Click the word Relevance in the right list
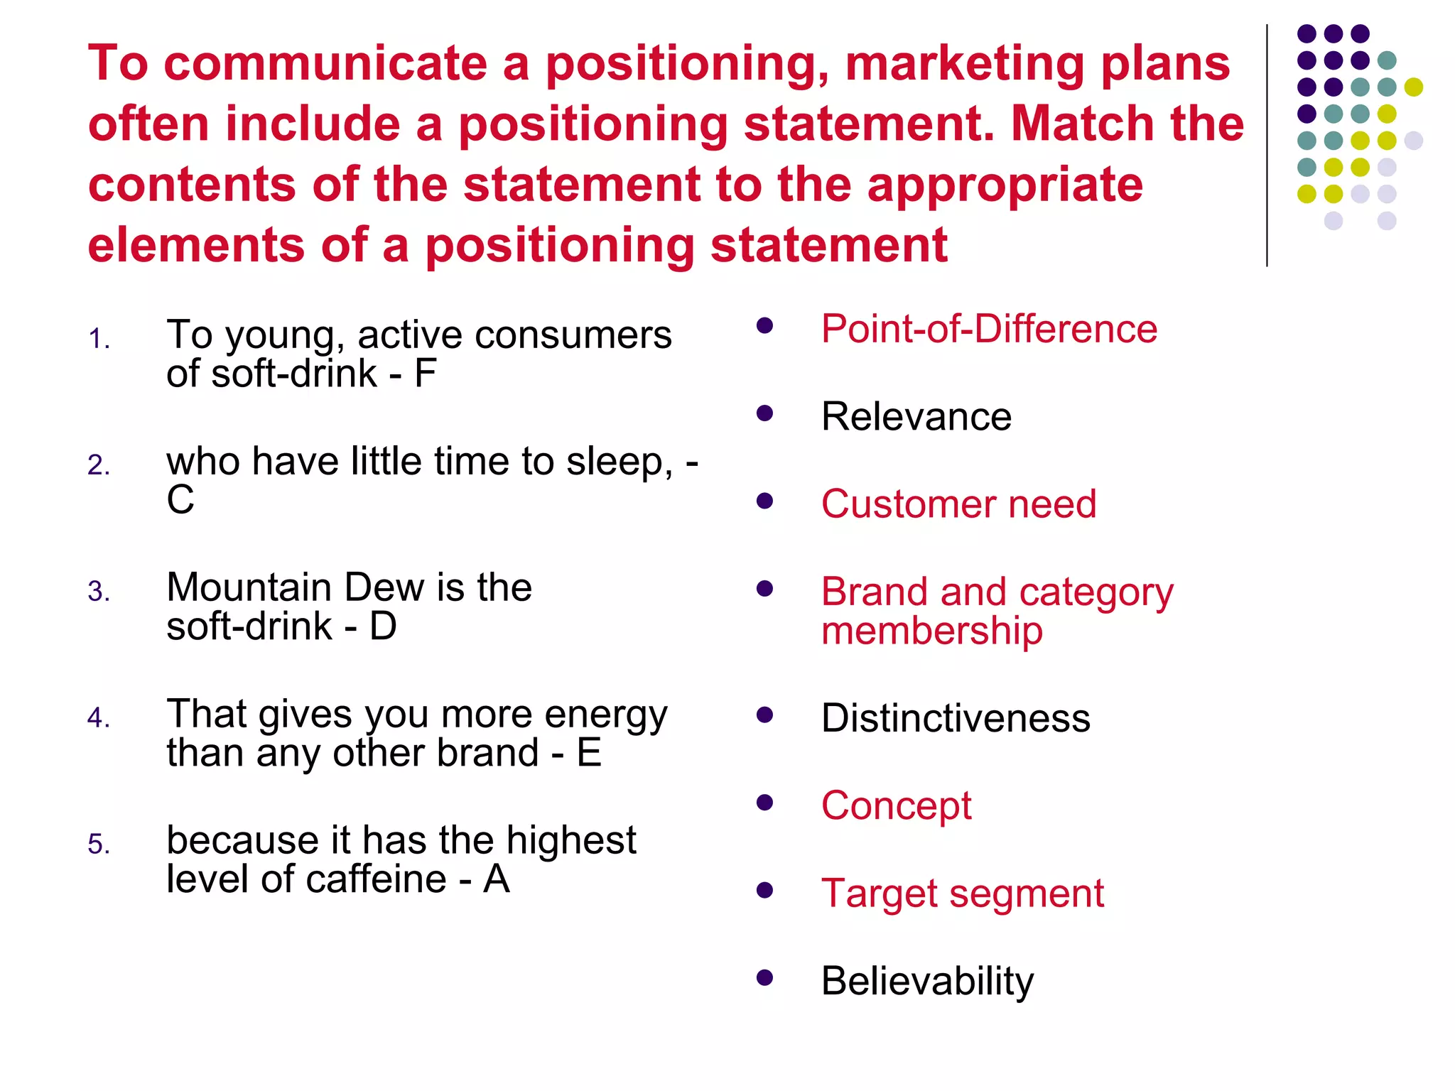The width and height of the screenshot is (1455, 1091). tap(916, 416)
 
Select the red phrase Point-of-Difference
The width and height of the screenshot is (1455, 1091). tap(989, 329)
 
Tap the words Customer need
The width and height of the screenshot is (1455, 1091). tap(958, 504)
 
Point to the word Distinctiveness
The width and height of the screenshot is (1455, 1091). tap(956, 717)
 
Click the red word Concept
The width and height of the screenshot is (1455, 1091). tap(896, 805)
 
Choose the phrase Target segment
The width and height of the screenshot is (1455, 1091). tap(962, 893)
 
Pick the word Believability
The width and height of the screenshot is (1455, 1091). tap(927, 981)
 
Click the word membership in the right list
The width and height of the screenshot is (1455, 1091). tap(931, 630)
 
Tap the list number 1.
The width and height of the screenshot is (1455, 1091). tap(99, 340)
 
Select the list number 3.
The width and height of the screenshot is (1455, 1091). tap(99, 592)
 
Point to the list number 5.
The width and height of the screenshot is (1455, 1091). tap(99, 845)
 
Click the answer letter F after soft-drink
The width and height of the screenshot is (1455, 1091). tap(425, 374)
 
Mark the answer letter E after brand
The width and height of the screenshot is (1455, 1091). tap(589, 753)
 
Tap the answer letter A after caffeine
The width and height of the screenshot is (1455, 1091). tap(497, 879)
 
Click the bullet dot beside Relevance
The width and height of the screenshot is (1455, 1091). tap(764, 413)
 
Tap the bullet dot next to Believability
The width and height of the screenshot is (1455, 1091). tap(764, 978)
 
